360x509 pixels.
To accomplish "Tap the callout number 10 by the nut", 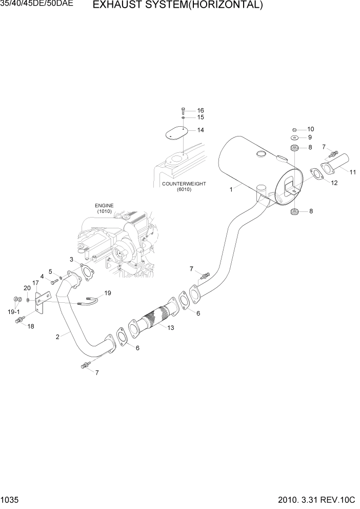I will [x=310, y=129].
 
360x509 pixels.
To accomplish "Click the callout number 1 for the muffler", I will [x=231, y=189].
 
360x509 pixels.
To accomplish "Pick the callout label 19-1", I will [x=14, y=311].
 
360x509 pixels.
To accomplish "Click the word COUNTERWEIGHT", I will [x=184, y=184].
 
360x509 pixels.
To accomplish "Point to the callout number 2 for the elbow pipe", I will [x=57, y=337].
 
